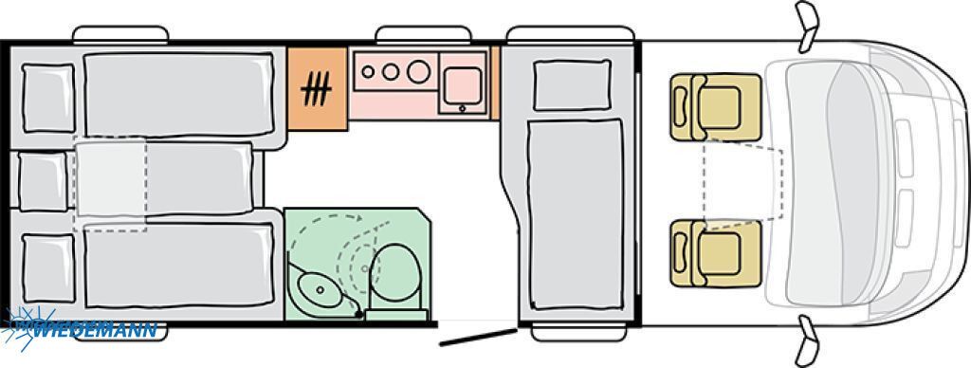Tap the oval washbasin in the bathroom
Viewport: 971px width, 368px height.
click(319, 289)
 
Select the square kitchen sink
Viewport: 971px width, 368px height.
click(462, 83)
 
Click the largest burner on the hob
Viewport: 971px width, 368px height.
click(418, 72)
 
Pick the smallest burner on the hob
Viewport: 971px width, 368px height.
click(368, 72)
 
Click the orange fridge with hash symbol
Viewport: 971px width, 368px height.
click(317, 88)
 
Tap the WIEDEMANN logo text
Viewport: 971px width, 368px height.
click(95, 330)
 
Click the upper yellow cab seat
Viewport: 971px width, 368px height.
click(715, 107)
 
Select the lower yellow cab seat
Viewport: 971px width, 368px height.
click(715, 253)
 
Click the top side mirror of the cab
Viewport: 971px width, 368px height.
click(807, 25)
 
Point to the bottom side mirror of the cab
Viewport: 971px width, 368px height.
click(807, 340)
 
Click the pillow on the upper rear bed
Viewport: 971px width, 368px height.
click(48, 98)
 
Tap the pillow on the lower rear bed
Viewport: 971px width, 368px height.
click(48, 268)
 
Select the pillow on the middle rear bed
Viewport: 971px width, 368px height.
click(42, 182)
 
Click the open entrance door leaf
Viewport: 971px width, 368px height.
click(478, 337)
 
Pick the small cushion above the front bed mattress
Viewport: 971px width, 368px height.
click(572, 84)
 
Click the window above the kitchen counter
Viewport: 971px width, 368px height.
click(424, 34)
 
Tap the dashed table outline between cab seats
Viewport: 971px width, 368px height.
click(743, 183)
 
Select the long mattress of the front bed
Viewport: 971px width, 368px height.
click(576, 214)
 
